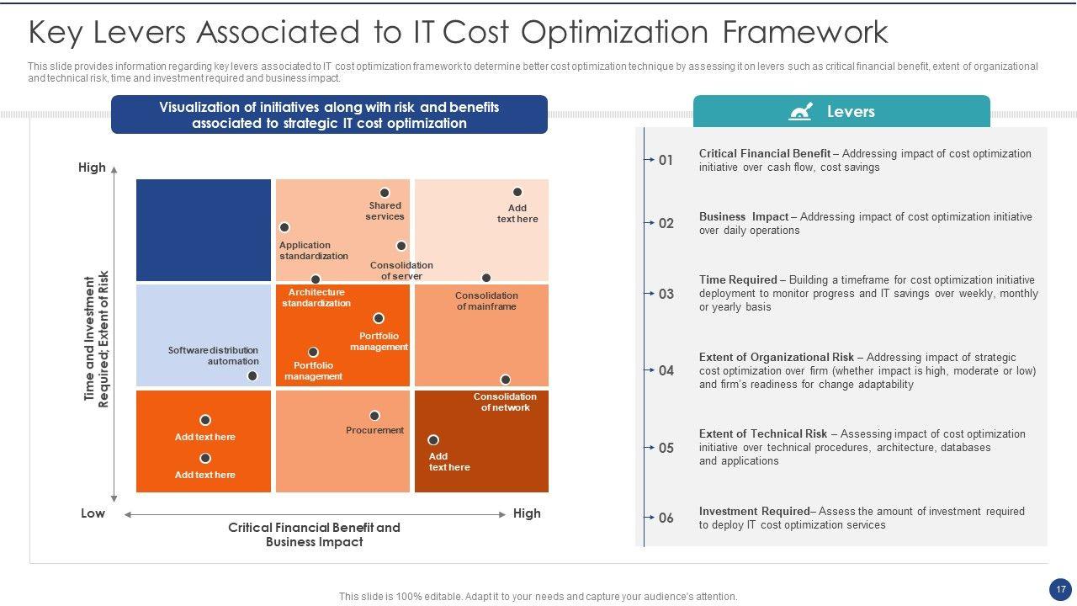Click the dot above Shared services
[385, 193]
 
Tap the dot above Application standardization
[284, 227]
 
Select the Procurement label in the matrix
[374, 430]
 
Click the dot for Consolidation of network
[505, 380]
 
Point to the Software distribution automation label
[213, 356]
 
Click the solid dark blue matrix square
[204, 230]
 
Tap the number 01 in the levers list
[666, 160]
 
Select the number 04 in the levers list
[666, 370]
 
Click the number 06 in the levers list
[666, 518]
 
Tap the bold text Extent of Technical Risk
[763, 434]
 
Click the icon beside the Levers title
[800, 112]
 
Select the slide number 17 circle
[1060, 589]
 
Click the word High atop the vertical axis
[92, 167]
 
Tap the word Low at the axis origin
[93, 513]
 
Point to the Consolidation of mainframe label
[486, 301]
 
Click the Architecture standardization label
[316, 298]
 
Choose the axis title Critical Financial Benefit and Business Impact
[314, 534]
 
